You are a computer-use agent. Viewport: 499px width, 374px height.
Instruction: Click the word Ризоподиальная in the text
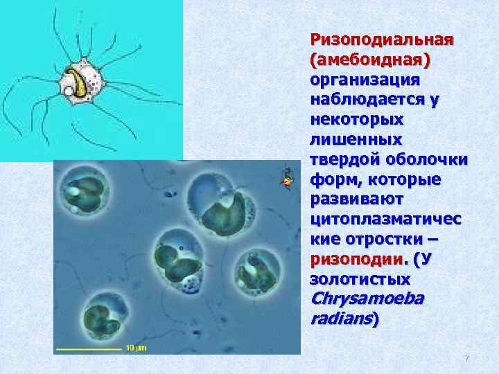pos(381,39)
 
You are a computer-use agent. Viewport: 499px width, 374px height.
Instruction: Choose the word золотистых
pos(360,280)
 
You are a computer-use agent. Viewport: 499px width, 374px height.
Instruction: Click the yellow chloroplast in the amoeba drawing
pos(82,83)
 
